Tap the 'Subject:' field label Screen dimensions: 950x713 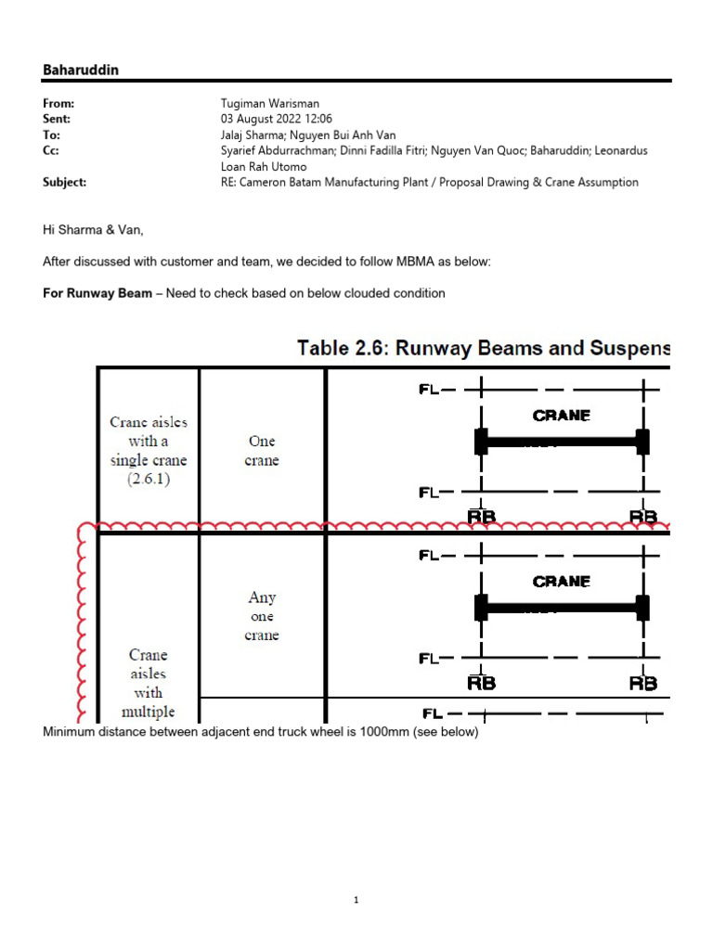point(64,183)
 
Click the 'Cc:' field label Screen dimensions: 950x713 point(51,150)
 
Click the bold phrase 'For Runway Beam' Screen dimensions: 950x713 point(97,293)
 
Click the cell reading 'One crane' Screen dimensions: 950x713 point(262,451)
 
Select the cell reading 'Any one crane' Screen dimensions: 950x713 point(262,616)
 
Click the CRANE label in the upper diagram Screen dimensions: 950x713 point(561,416)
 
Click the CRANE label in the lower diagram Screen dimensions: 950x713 point(561,582)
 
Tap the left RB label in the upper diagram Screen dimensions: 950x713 point(481,517)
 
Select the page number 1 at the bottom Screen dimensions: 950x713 point(356,900)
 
